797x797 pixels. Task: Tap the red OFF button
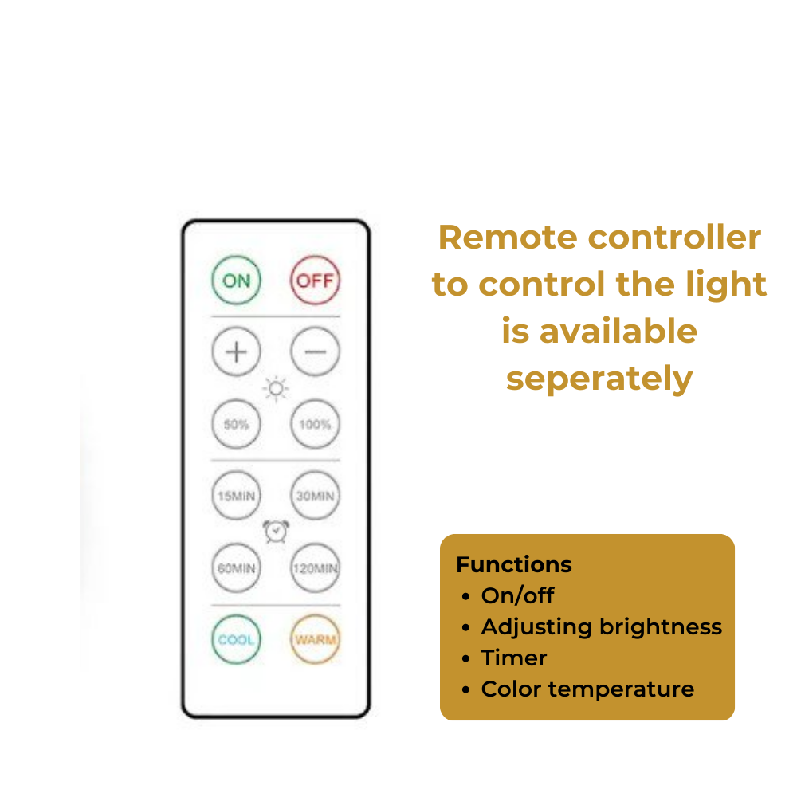[315, 281]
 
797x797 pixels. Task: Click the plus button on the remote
[236, 351]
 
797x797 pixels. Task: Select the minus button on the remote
[315, 351]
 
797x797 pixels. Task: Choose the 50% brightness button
[236, 424]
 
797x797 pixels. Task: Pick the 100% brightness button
[315, 424]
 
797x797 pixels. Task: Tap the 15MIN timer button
[236, 496]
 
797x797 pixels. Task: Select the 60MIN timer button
[236, 568]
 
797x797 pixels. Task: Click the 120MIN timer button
[315, 568]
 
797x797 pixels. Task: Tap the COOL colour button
[236, 639]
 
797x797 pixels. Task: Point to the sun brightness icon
[276, 389]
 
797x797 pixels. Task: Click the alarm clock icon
[276, 532]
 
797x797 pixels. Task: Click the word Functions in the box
[514, 565]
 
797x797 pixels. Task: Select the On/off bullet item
[517, 595]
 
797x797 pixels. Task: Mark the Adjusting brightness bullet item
[601, 627]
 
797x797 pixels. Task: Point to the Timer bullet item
[514, 658]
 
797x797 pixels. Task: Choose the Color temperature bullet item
[587, 689]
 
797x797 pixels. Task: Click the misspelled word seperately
[599, 379]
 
